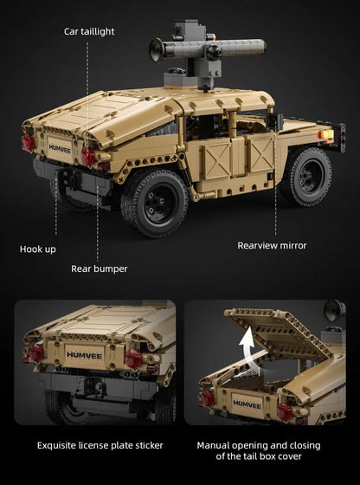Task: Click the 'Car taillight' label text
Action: coord(89,31)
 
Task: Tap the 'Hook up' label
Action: coord(38,249)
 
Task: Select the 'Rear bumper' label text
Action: coord(100,268)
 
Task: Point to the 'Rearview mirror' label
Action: coord(272,246)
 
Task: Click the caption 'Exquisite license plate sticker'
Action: coord(100,445)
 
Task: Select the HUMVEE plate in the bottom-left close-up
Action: coord(84,355)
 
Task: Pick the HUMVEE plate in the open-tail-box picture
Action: coord(247,404)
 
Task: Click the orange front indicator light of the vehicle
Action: coord(327,134)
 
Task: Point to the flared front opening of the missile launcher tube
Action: coord(157,49)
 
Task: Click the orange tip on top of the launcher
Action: coord(211,36)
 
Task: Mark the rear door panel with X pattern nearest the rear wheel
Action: coord(217,161)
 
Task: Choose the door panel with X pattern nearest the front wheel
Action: coord(261,155)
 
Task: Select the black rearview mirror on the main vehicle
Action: coord(274,121)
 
